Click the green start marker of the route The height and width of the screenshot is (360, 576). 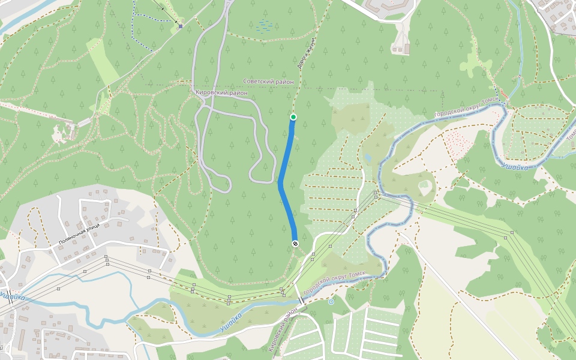tap(293, 116)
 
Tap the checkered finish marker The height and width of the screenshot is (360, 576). tap(295, 243)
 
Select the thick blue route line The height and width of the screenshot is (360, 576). tap(284, 180)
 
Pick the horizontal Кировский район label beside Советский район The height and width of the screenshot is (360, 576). tap(221, 92)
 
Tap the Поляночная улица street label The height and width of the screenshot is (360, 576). tap(79, 234)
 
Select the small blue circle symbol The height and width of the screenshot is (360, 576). tap(331, 302)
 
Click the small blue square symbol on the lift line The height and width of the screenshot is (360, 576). tap(180, 26)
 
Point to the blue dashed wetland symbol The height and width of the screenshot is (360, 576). tap(262, 25)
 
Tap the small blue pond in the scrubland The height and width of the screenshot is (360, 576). tap(368, 158)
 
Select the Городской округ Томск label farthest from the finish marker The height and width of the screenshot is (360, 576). tap(466, 106)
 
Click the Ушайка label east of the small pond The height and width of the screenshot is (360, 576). tap(515, 166)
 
